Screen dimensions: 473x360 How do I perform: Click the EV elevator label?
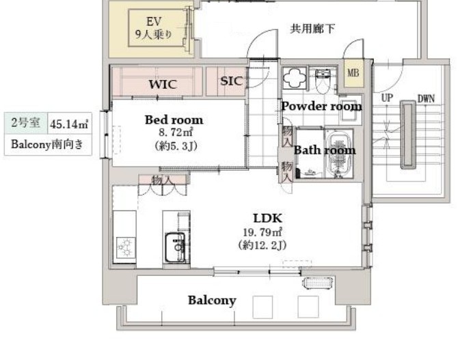pyautogui.click(x=154, y=21)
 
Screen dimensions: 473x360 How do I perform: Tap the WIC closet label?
pyautogui.click(x=163, y=84)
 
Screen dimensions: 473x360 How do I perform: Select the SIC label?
pyautogui.click(x=231, y=81)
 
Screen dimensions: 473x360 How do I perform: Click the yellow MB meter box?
pyautogui.click(x=353, y=73)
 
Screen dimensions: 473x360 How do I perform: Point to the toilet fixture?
pyautogui.click(x=323, y=81)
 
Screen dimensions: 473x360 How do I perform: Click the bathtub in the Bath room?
pyautogui.click(x=340, y=154)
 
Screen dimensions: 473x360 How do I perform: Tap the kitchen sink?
pyautogui.click(x=175, y=248)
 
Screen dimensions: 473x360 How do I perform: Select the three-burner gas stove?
pyautogui.click(x=126, y=247)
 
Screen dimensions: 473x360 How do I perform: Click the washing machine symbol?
pyautogui.click(x=295, y=78)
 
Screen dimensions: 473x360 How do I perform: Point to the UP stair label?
pyautogui.click(x=387, y=98)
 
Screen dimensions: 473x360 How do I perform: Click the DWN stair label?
pyautogui.click(x=426, y=98)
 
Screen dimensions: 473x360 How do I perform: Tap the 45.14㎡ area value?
pyautogui.click(x=69, y=124)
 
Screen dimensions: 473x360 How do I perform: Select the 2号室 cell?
pyautogui.click(x=26, y=123)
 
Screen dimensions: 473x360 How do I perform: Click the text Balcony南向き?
pyautogui.click(x=47, y=144)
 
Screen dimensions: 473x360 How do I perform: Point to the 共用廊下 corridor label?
pyautogui.click(x=312, y=29)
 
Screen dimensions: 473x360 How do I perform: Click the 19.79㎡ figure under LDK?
pyautogui.click(x=262, y=232)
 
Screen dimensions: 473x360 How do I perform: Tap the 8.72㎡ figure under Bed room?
pyautogui.click(x=176, y=133)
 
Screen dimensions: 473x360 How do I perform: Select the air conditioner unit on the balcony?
pyautogui.click(x=319, y=283)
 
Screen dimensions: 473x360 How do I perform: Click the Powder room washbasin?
pyautogui.click(x=350, y=109)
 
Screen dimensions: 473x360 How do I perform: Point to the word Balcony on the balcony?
pyautogui.click(x=212, y=301)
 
